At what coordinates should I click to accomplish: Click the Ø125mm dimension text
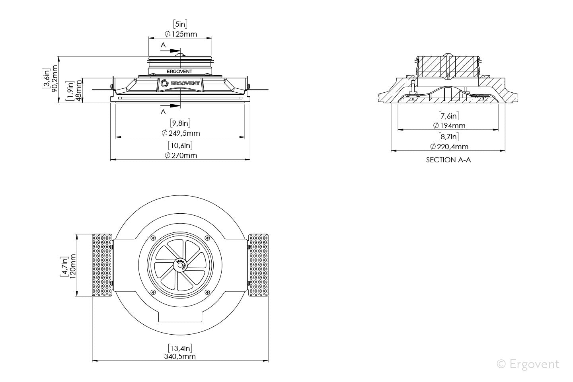(181, 34)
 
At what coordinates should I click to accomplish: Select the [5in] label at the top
(180, 24)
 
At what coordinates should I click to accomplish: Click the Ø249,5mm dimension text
(181, 133)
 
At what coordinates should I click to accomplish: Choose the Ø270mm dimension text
(181, 155)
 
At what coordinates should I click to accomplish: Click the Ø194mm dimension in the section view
(448, 125)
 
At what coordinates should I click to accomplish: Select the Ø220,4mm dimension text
(448, 146)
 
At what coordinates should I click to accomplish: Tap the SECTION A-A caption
(448, 160)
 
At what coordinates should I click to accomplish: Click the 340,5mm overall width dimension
(180, 357)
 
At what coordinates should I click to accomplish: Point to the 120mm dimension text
(72, 265)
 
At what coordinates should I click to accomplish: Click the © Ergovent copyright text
(528, 364)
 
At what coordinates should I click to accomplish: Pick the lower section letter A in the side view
(163, 112)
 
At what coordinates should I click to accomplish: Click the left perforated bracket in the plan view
(102, 265)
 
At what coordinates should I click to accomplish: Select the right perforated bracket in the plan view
(258, 265)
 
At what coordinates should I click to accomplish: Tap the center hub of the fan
(180, 265)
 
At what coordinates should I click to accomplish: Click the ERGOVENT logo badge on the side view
(180, 84)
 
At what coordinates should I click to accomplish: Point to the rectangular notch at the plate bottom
(180, 316)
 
